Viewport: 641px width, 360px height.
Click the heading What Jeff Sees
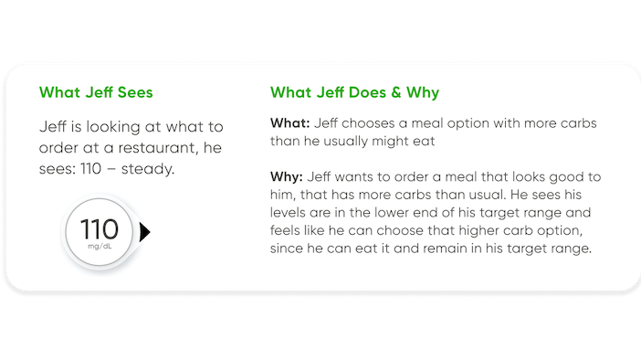[x=95, y=93]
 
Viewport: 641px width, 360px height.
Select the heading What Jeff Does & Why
[x=354, y=93]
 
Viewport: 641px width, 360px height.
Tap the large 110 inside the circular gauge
[x=100, y=228]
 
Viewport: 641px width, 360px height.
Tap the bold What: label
[x=289, y=123]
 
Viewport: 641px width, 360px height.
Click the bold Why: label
[x=288, y=176]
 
